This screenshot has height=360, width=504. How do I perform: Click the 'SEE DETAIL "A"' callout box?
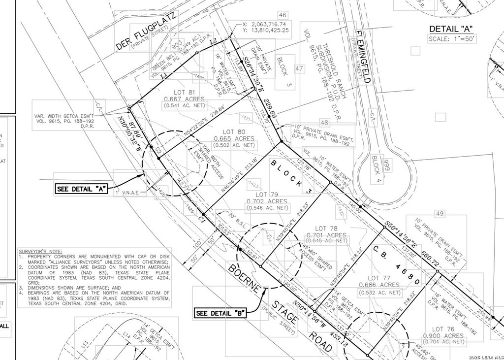81,189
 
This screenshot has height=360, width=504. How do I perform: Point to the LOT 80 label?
234,131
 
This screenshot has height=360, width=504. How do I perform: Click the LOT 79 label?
267,195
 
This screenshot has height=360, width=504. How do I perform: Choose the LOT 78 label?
326,228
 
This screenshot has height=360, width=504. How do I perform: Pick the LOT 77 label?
379,278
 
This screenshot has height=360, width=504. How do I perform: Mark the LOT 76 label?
443,329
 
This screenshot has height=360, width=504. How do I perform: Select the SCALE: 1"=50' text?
452,38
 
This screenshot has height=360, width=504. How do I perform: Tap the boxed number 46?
282,15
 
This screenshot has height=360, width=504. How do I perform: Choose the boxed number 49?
440,213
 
